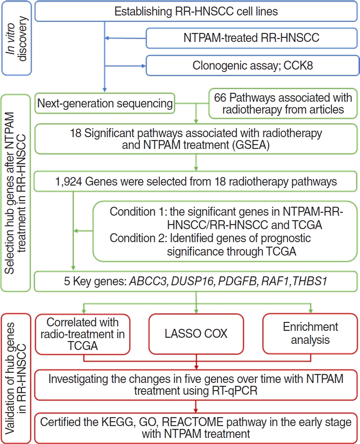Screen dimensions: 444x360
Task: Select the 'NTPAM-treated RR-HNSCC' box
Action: (252, 38)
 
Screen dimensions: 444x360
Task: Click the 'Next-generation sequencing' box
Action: (105, 103)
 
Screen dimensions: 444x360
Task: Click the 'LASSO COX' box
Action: (196, 333)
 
